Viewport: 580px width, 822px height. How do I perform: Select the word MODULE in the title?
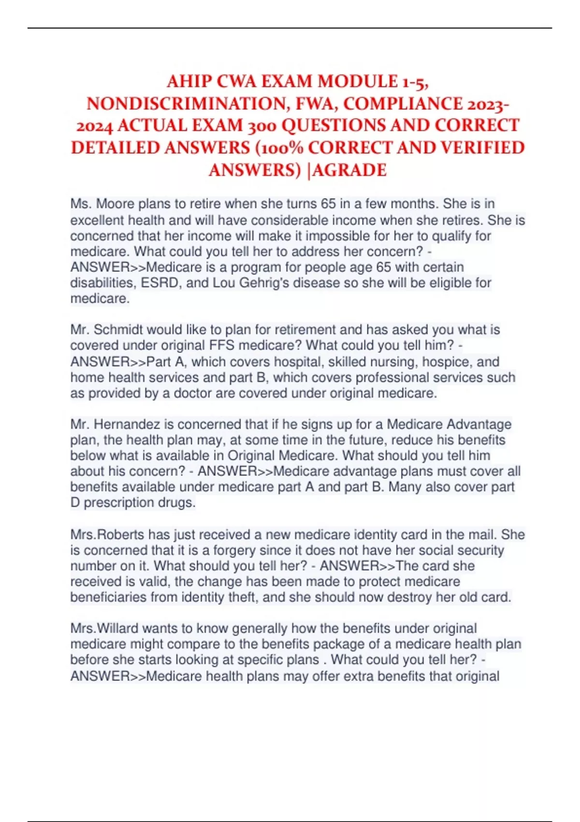351,81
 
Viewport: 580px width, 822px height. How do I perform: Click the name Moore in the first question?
116,204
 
